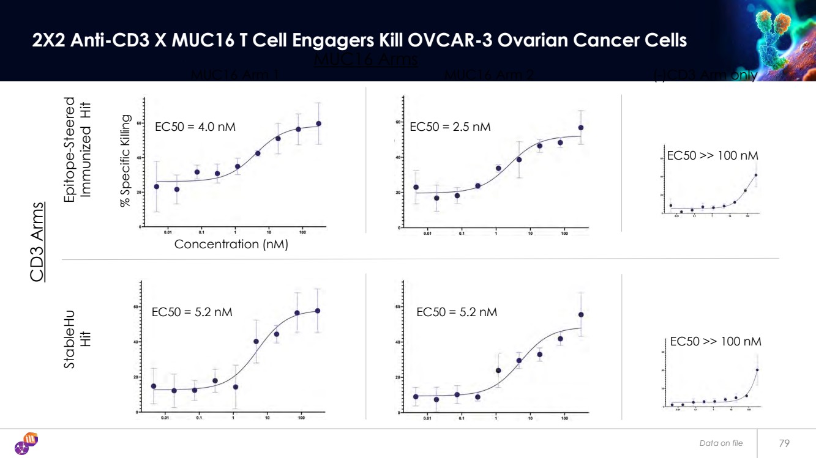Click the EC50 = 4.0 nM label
click(195, 127)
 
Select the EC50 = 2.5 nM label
click(450, 127)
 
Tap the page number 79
click(784, 443)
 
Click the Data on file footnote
click(721, 443)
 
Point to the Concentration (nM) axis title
click(231, 244)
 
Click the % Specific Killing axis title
click(126, 160)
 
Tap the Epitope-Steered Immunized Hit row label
click(78, 147)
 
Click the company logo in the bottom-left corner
click(26, 443)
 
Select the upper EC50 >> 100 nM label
click(713, 156)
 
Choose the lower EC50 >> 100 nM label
click(716, 341)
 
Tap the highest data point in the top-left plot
click(318, 124)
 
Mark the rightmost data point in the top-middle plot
click(581, 128)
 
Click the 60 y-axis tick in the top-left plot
click(139, 124)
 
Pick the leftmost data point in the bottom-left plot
click(154, 386)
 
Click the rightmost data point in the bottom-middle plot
click(581, 315)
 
